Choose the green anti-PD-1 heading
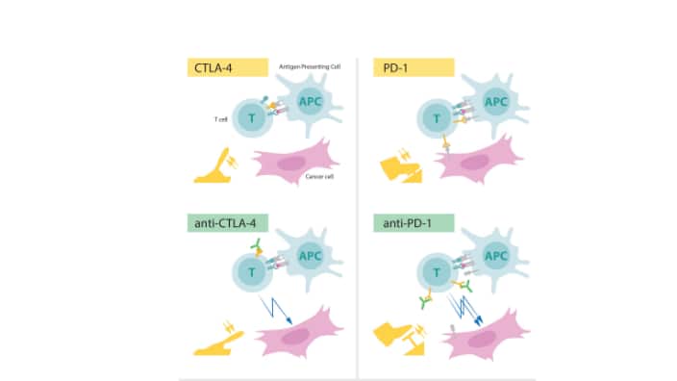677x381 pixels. [407, 224]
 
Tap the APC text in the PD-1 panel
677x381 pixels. [496, 100]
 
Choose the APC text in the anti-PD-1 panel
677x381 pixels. [496, 257]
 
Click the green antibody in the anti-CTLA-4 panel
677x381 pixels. [259, 252]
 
